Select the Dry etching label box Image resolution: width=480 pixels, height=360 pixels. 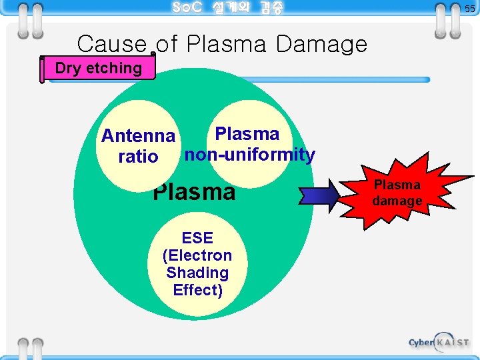tap(99, 68)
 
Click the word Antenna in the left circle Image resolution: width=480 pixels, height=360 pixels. tap(138, 137)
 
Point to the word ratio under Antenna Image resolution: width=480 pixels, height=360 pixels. tap(138, 157)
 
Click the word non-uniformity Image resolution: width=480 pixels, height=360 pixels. tap(249, 155)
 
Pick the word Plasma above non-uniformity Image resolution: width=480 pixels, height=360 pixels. tap(247, 134)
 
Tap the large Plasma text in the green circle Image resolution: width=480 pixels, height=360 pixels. tap(194, 192)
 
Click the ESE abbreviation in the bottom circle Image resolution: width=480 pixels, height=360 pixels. tap(197, 238)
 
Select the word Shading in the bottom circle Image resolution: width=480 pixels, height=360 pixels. tap(197, 273)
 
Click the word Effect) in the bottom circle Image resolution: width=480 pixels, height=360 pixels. tap(197, 290)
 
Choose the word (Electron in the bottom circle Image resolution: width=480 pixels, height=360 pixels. tap(197, 255)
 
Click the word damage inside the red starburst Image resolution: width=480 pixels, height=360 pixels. tap(397, 201)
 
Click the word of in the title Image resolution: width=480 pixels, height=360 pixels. tap(167, 45)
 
